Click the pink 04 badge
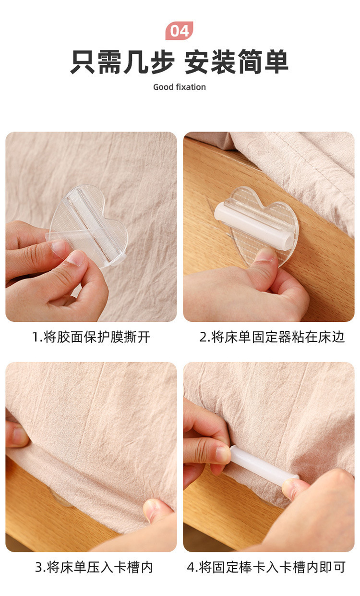[180, 31]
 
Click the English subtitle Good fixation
[180, 87]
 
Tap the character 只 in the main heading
[83, 62]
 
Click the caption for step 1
[91, 337]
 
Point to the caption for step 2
[272, 337]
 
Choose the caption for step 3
[94, 567]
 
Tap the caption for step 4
[266, 567]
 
